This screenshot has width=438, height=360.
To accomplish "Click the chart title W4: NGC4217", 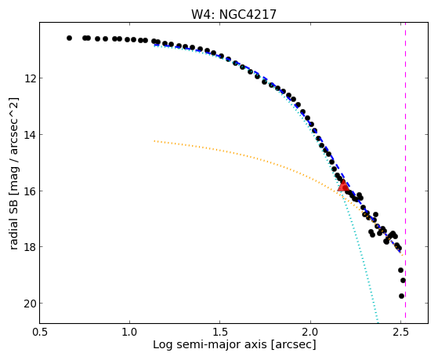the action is pos(233,14).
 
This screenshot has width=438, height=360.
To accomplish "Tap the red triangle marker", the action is pos(343,186).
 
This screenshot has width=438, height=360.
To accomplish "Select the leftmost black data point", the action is pos(69,38).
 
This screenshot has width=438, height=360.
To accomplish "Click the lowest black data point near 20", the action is pos(401,296).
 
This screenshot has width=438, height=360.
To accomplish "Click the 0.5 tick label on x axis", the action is pos(40,333).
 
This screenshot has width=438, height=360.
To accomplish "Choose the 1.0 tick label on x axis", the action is pos(129,333).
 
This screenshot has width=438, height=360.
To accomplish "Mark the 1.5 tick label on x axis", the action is pos(220,333).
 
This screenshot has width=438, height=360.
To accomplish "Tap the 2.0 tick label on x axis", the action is pos(310,333).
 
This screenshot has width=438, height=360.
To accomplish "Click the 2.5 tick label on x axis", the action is pos(401,333).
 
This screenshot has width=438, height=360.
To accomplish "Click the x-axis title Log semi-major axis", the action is pos(210,345).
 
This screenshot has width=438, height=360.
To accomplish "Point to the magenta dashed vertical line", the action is pos(405,173).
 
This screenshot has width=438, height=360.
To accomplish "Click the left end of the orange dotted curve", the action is pos(154,141).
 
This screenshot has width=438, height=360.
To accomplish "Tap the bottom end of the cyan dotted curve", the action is pos(378,322).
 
